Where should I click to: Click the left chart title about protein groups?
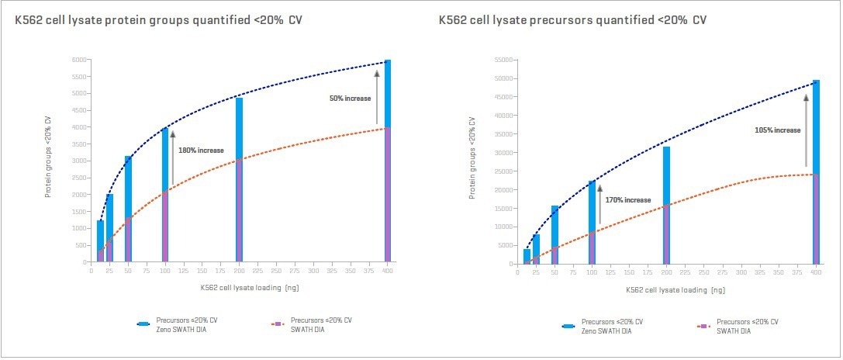pyautogui.click(x=158, y=19)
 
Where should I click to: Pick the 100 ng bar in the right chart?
pyautogui.click(x=592, y=222)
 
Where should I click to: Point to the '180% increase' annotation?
pyautogui.click(x=201, y=150)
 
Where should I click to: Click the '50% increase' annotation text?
pyautogui.click(x=348, y=99)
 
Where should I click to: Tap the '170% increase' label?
pyautogui.click(x=628, y=200)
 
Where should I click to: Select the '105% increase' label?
pyautogui.click(x=777, y=130)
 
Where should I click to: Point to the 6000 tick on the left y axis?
pyautogui.click(x=79, y=60)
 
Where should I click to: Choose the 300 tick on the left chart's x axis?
pyautogui.click(x=313, y=272)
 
